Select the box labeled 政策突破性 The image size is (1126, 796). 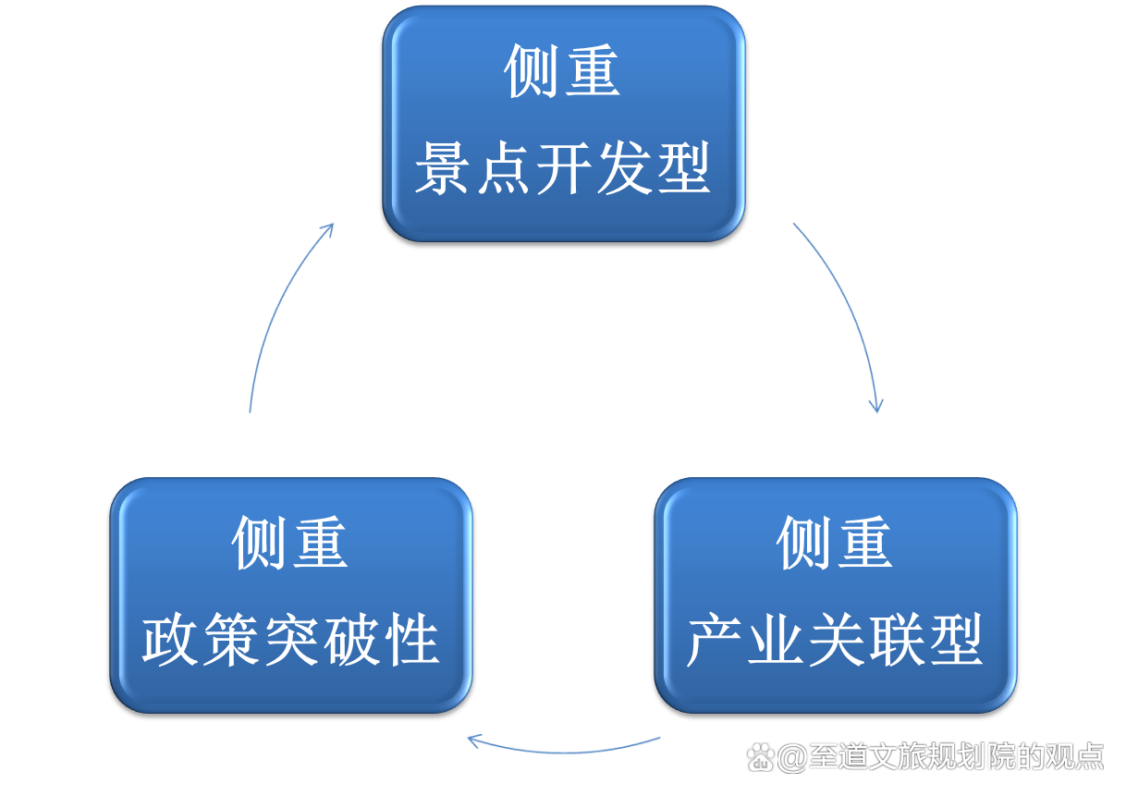tap(290, 595)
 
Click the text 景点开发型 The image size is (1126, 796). tap(563, 169)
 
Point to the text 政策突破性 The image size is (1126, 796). tap(290, 640)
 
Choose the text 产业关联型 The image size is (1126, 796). tap(835, 640)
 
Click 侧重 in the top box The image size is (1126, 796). tap(563, 71)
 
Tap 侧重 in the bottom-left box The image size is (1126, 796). tap(290, 544)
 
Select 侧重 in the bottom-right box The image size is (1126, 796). tap(835, 544)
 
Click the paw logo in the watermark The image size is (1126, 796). tap(760, 757)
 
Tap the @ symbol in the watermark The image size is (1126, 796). tap(790, 758)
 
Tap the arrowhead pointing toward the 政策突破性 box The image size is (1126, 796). tap(474, 740)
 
